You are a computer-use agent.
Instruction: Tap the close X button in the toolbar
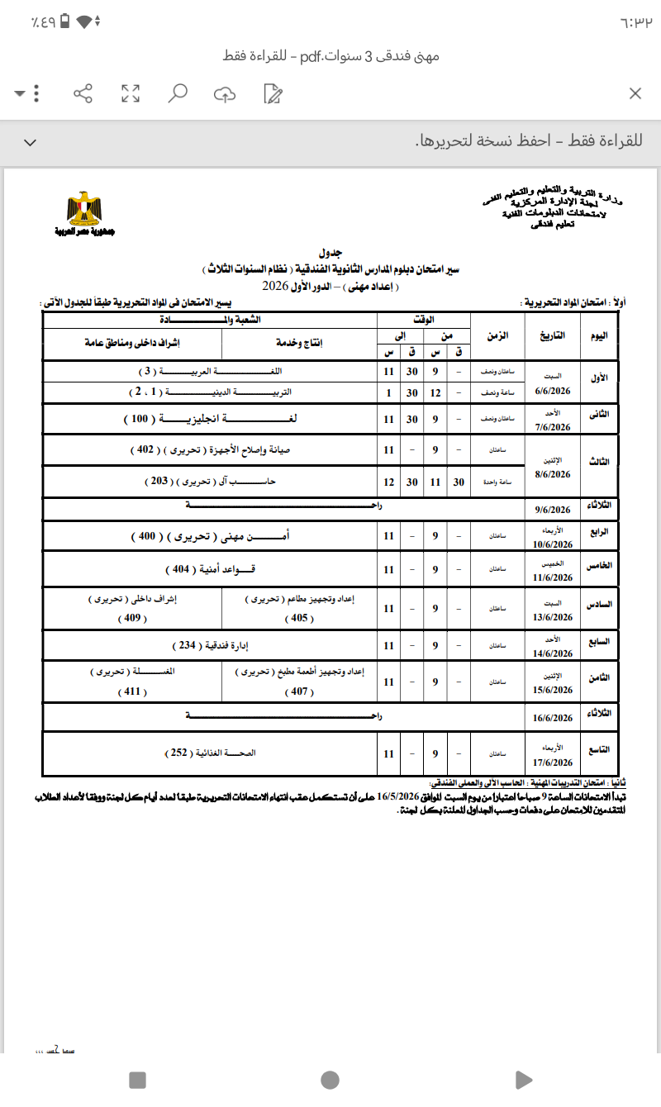click(635, 93)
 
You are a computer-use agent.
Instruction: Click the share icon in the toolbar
click(83, 93)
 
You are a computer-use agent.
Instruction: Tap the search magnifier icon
click(177, 93)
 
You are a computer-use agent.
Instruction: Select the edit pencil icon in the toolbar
click(272, 93)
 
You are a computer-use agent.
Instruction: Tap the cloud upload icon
click(224, 93)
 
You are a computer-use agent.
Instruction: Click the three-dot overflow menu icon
click(36, 93)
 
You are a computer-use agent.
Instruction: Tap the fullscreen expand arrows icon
click(130, 93)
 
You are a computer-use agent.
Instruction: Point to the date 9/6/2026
click(554, 510)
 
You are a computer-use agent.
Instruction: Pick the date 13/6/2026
click(554, 617)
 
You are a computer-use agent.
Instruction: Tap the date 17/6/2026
click(554, 763)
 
